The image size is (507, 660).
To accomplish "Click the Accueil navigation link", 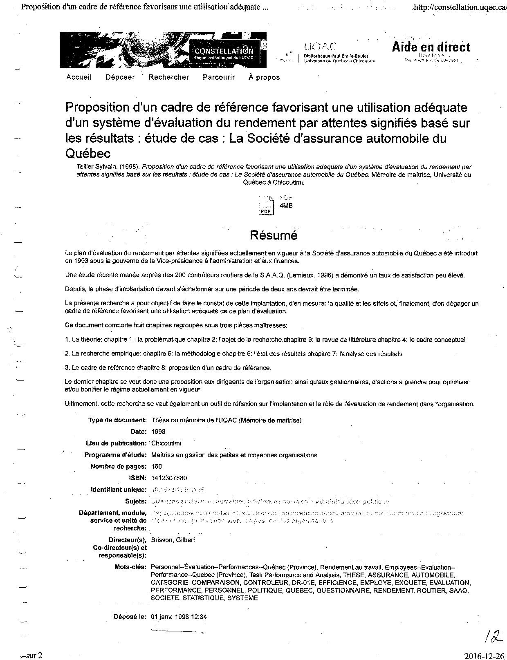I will [x=79, y=77].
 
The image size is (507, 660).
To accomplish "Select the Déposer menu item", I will [x=120, y=77].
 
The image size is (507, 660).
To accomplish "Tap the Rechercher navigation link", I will [x=169, y=77].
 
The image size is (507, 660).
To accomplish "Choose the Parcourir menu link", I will [x=219, y=77].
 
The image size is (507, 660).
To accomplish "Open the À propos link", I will [x=264, y=77].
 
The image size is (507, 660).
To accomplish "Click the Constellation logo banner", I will [x=163, y=50].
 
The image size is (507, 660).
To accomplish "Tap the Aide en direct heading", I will [x=431, y=47].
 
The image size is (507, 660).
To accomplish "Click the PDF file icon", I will [x=265, y=206].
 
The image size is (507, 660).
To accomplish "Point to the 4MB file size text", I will [x=286, y=206].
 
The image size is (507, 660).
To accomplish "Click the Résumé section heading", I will [x=274, y=235].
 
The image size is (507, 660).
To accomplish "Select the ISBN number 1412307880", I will [x=169, y=478].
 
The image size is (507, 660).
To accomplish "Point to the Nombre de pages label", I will [x=118, y=466].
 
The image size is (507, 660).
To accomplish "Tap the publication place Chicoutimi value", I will [x=166, y=443].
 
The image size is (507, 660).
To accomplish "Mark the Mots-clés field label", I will [x=131, y=567].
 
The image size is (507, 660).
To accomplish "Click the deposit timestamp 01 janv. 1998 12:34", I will [x=179, y=617].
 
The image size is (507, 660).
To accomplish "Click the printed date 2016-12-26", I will [x=485, y=656].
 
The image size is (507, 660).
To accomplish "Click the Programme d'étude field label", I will [x=115, y=455].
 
